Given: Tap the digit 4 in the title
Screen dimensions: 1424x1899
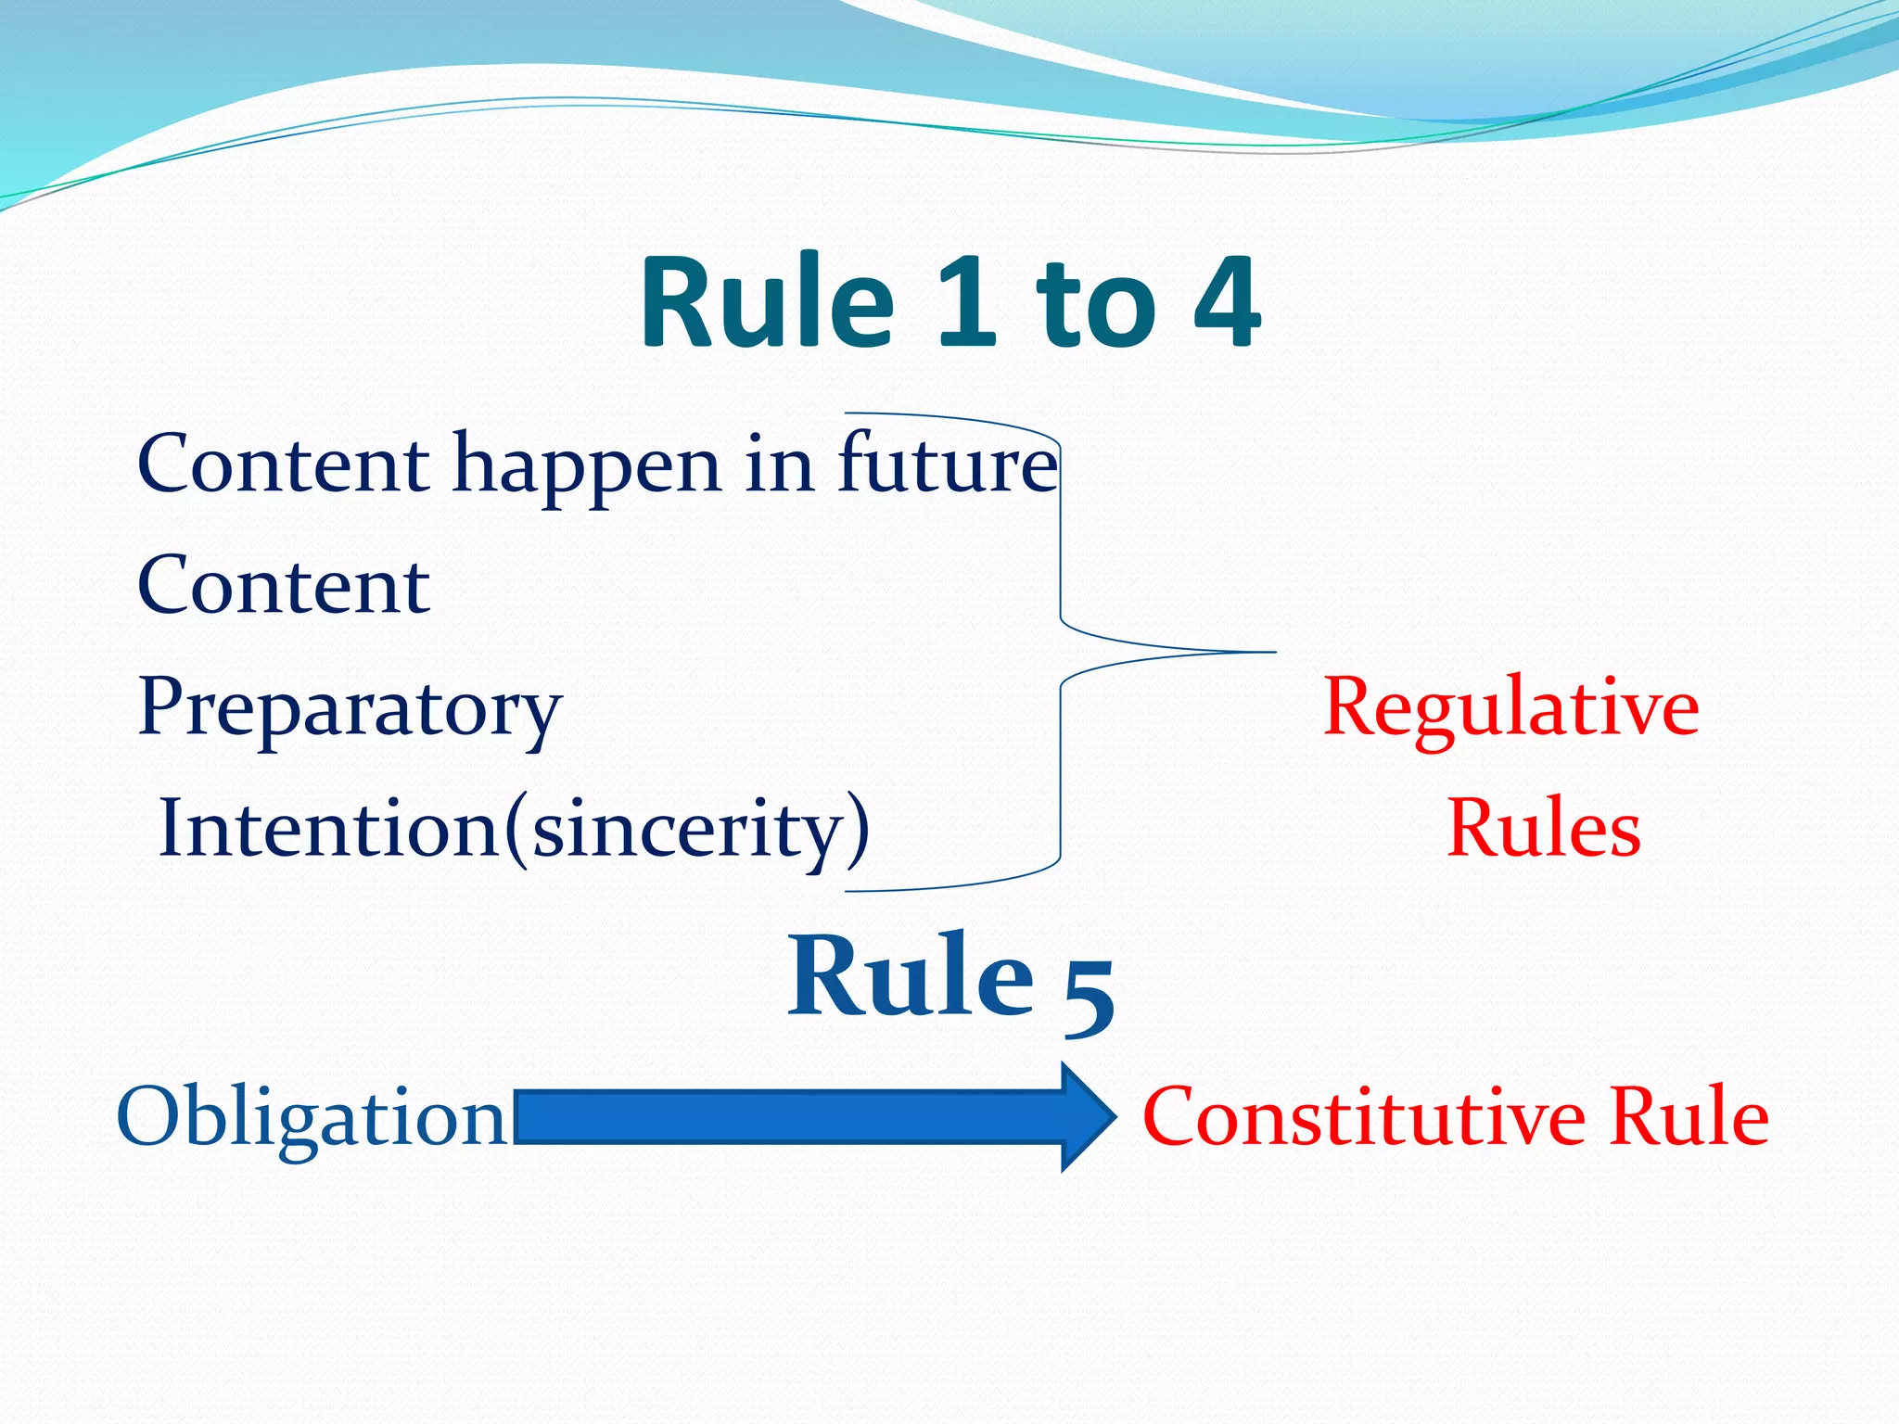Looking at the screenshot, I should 1226,302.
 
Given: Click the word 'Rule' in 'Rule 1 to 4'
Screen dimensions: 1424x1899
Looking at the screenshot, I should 768,302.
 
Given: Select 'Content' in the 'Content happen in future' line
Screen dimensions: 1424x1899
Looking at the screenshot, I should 284,464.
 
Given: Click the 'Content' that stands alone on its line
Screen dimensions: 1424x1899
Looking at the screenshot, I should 284,586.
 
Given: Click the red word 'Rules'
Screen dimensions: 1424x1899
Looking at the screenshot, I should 1543,828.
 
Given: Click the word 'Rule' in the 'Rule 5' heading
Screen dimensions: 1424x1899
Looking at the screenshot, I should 911,976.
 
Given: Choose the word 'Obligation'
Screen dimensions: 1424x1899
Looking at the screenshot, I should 312,1117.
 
